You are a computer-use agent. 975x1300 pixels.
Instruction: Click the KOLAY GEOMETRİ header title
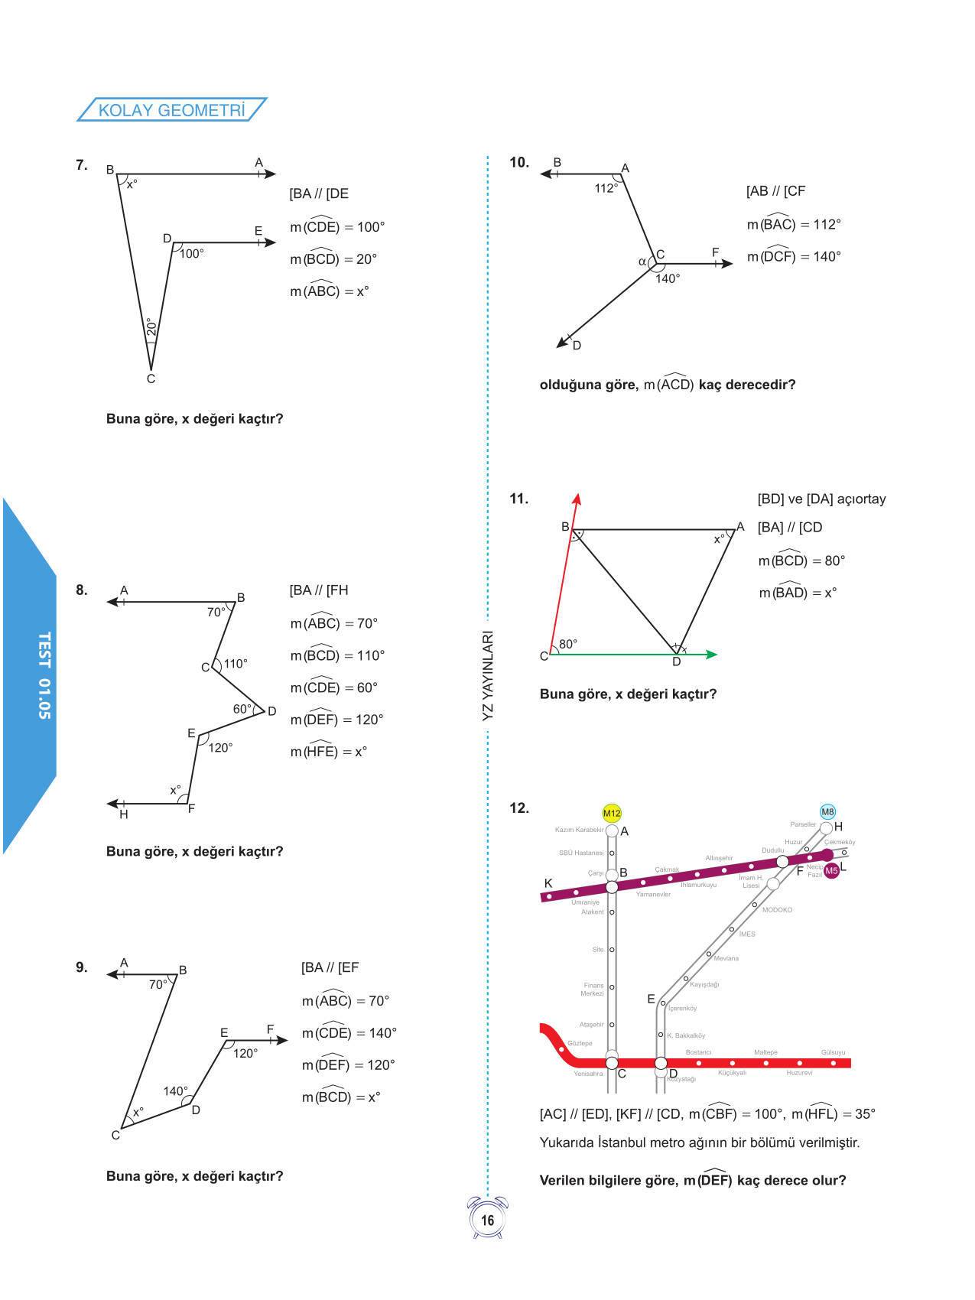(x=171, y=110)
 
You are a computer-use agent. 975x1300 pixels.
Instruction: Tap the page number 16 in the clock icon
(x=488, y=1220)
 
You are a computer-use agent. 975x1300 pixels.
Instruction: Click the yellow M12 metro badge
(x=612, y=813)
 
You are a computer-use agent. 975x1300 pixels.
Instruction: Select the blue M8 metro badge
(x=827, y=811)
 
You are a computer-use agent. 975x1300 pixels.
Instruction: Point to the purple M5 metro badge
(x=831, y=870)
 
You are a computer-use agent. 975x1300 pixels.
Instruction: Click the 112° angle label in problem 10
(x=606, y=188)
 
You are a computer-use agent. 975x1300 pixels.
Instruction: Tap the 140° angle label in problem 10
(x=668, y=279)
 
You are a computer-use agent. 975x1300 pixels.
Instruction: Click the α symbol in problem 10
(x=642, y=262)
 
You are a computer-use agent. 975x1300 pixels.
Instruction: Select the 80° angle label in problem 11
(x=568, y=644)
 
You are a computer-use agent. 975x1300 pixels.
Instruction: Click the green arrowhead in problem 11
(x=711, y=655)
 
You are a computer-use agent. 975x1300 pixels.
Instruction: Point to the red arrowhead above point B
(x=577, y=499)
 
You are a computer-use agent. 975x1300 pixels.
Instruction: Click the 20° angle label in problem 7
(x=151, y=327)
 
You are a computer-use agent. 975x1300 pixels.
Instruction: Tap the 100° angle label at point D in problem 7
(x=192, y=254)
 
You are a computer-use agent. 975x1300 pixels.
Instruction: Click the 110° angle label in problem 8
(x=236, y=664)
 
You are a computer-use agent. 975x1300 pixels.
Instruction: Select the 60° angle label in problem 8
(x=242, y=709)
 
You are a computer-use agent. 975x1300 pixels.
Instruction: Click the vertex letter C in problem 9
(x=115, y=1135)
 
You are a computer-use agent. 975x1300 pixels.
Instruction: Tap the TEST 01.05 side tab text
(x=44, y=675)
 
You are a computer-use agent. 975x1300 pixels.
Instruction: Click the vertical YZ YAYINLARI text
(x=488, y=675)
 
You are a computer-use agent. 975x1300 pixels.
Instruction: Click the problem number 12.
(x=519, y=808)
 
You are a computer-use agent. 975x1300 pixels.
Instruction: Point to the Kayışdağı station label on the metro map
(x=704, y=984)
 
